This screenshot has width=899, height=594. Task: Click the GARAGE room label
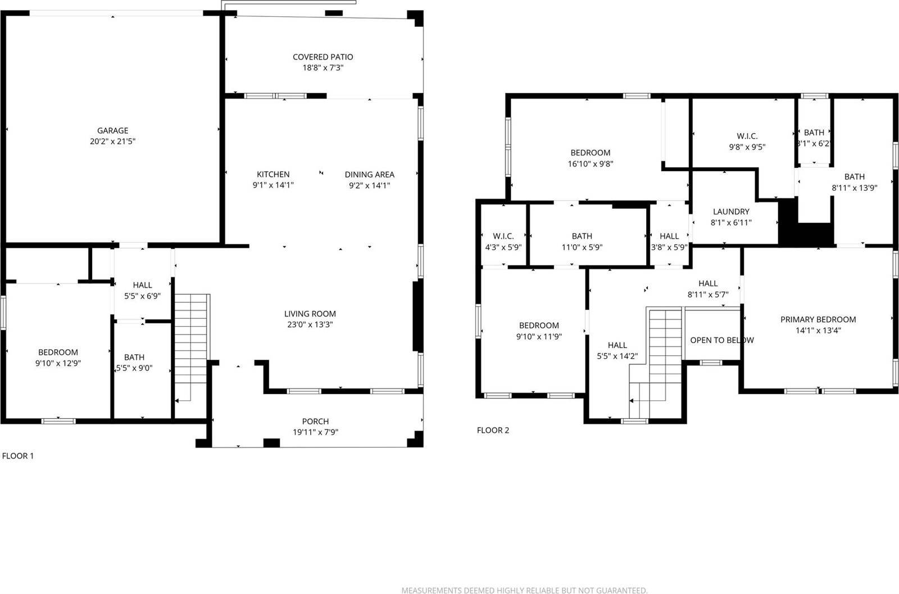tap(112, 130)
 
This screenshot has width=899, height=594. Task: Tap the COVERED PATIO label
tap(323, 57)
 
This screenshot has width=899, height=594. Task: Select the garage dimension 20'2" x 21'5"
tap(112, 141)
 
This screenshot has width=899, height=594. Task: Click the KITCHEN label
tap(273, 174)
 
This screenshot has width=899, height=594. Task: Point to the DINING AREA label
tap(369, 174)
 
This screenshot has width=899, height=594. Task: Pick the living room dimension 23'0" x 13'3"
tap(310, 325)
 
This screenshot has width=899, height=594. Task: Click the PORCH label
tap(315, 421)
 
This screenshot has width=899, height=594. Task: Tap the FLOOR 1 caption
tap(18, 456)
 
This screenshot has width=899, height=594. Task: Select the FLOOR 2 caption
tap(493, 430)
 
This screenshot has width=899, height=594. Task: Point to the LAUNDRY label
tap(730, 212)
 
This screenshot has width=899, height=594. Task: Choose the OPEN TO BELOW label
tap(721, 340)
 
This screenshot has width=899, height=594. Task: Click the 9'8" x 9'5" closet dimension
tap(747, 147)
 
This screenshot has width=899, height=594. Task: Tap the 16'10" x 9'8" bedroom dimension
tap(590, 164)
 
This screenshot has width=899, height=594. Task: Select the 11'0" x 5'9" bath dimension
tap(582, 247)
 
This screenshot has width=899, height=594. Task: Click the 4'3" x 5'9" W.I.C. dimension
tap(503, 247)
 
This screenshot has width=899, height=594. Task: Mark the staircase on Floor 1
tap(192, 348)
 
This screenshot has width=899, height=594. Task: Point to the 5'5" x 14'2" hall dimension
tap(617, 356)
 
